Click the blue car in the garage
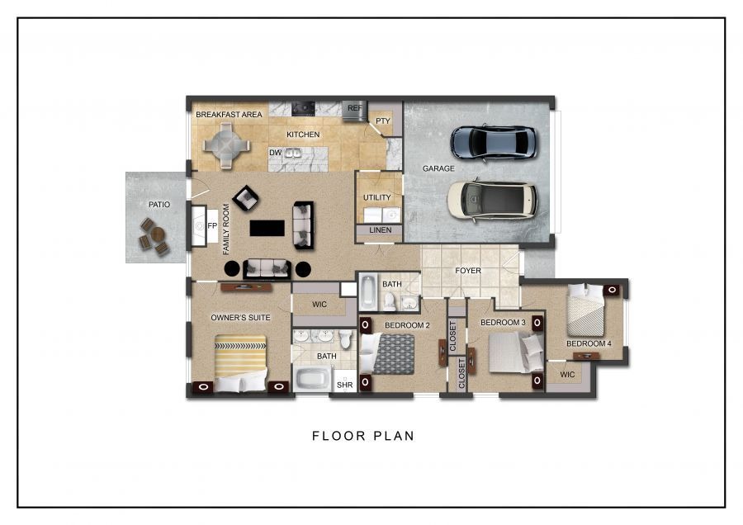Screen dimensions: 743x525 point(494,142)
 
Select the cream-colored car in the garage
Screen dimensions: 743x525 point(492,200)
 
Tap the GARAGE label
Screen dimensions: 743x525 point(438,168)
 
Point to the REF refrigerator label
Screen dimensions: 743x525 point(354,108)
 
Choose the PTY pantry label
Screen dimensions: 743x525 point(383,121)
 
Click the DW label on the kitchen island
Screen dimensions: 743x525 point(275,153)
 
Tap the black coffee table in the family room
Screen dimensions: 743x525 point(267,228)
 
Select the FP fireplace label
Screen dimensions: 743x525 point(212,225)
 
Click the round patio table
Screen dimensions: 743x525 point(158,234)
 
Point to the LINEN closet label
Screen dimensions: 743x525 point(380,229)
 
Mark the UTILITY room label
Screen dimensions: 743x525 point(377,197)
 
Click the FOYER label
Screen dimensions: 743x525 point(468,271)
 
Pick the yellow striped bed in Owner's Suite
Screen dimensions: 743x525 point(240,363)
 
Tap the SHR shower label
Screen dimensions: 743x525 point(344,385)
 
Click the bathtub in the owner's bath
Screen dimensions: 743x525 point(311,379)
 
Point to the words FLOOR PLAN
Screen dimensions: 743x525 point(363,436)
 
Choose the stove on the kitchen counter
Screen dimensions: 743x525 point(303,108)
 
